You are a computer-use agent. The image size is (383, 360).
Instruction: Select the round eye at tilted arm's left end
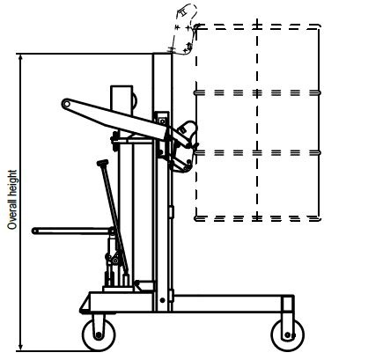tap(66, 106)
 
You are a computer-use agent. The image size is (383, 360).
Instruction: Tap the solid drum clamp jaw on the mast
tap(183, 145)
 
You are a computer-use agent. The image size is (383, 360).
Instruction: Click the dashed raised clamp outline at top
tap(182, 33)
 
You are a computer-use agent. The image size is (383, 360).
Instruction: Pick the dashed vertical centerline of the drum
tap(257, 123)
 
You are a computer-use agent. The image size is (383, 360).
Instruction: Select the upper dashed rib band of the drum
tap(257, 92)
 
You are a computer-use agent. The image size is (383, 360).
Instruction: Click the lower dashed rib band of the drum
tap(257, 152)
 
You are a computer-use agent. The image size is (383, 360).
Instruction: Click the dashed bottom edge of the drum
tap(257, 217)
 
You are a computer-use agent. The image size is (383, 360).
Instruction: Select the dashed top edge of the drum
tap(257, 26)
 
